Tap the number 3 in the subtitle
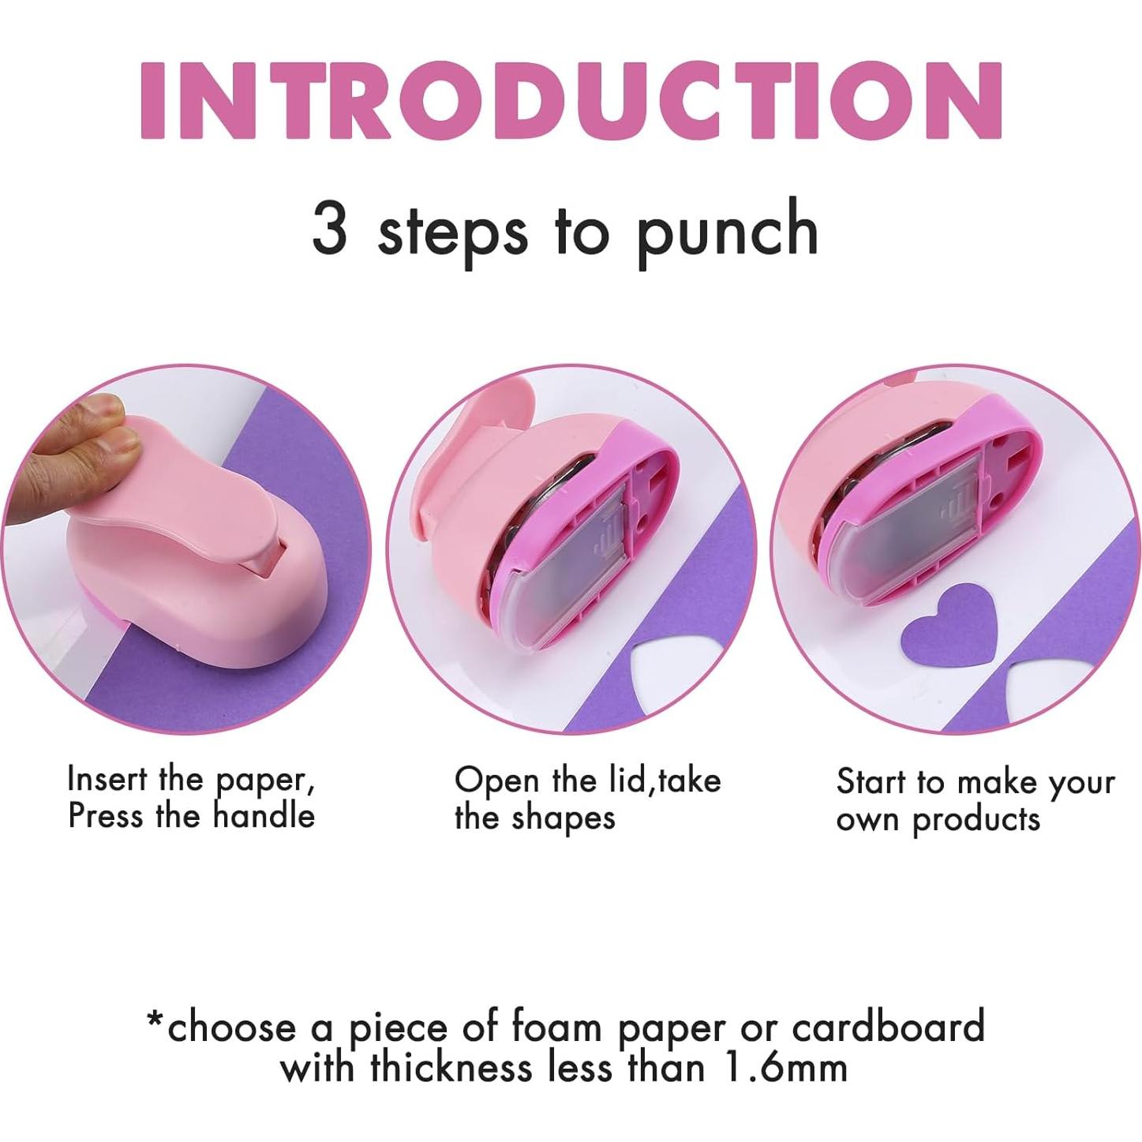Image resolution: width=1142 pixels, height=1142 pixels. [x=330, y=228]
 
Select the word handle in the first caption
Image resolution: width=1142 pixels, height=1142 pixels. [x=264, y=815]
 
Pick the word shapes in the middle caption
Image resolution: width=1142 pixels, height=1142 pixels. [x=563, y=818]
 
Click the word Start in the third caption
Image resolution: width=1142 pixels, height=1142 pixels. [x=871, y=782]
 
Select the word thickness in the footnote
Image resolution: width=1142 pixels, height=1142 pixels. [x=451, y=1067]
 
